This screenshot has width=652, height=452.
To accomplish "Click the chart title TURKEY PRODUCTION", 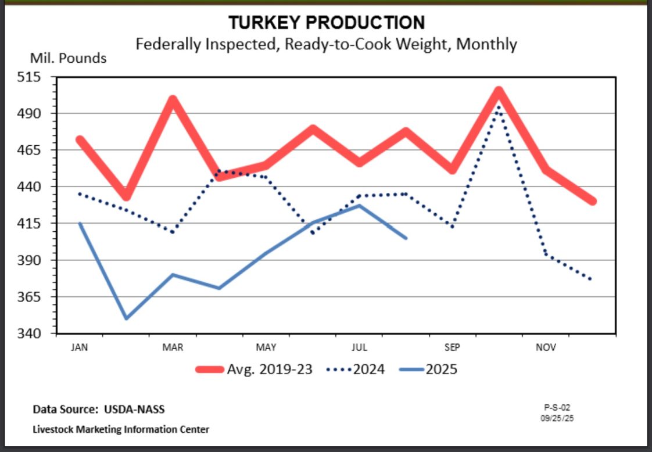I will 326,23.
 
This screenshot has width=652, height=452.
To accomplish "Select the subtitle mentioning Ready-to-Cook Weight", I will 326,44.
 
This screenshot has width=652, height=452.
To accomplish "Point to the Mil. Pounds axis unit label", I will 68,58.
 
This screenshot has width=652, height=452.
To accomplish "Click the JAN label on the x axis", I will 80,347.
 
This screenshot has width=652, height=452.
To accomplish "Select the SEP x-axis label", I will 452,347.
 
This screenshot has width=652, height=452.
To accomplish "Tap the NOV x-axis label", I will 546,347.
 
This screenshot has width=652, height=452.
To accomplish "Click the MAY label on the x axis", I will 266,347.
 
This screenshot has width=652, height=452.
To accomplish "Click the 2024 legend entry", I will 356,369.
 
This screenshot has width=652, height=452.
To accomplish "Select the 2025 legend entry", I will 428,369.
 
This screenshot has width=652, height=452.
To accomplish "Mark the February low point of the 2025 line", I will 126,318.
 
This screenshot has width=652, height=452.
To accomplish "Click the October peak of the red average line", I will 499,91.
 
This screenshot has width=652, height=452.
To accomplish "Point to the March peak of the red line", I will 173,100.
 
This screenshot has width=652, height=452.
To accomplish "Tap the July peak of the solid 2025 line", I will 360,205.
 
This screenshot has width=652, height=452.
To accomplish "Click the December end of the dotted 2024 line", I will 592,280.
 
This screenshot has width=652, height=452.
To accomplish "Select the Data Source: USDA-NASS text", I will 99,410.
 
